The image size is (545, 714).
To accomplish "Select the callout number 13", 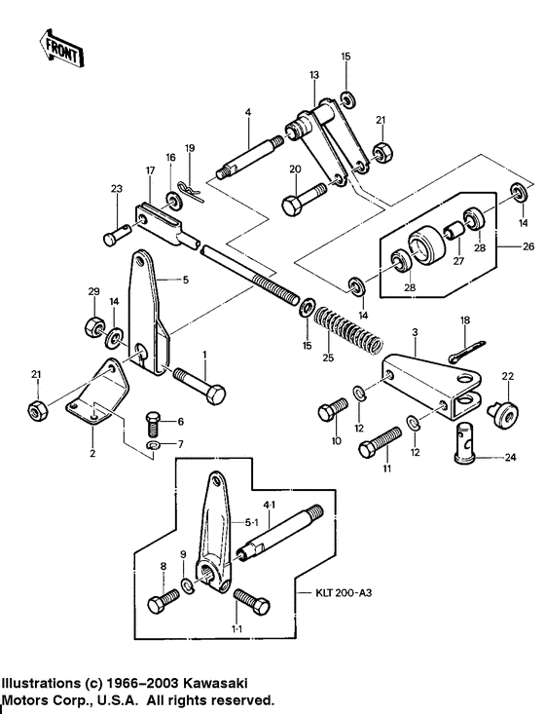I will coord(314,75).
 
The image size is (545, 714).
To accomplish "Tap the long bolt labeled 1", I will coord(200,384).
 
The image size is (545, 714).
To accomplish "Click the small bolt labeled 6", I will coord(152,423).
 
